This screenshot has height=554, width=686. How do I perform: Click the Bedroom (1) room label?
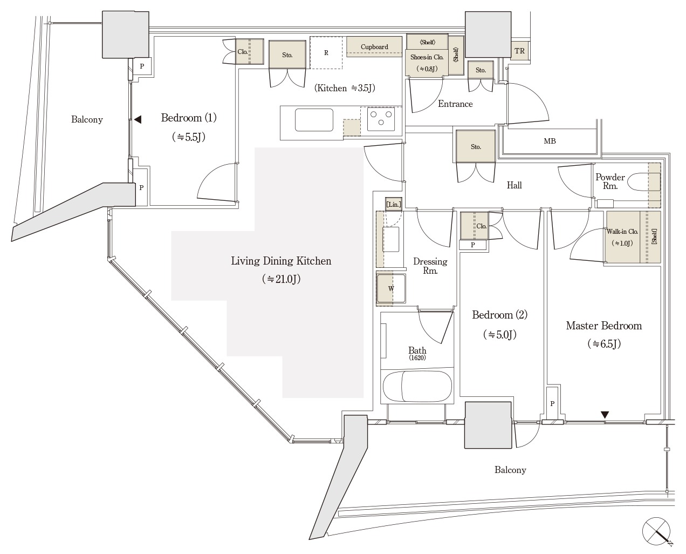pos(189,118)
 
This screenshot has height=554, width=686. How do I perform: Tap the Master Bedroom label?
pos(603,326)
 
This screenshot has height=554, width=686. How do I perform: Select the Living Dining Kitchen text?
pos(281,261)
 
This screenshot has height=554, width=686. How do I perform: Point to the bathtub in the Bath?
pos(417,386)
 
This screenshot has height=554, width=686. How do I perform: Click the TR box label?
pos(519,51)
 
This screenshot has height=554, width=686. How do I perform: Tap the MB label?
pos(550,141)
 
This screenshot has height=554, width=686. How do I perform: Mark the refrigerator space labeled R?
pos(326,53)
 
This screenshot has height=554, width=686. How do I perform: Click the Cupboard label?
pos(374,47)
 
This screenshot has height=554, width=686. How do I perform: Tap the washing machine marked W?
pos(391,288)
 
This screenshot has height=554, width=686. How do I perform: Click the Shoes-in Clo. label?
pos(427,57)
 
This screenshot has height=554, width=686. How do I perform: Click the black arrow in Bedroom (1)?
pos(138,119)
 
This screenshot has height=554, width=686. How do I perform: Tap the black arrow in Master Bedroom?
pos(605,415)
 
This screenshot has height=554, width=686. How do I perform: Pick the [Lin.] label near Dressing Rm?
pos(394,204)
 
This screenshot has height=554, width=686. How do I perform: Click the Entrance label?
pos(455,104)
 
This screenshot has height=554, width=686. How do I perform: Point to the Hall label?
pos(514,185)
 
